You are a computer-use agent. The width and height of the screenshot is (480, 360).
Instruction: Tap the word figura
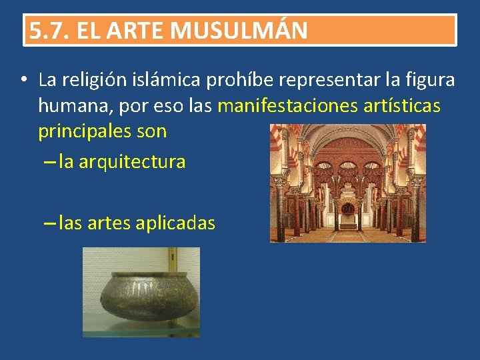point(430,81)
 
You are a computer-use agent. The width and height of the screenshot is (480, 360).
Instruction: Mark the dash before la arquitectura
point(49,162)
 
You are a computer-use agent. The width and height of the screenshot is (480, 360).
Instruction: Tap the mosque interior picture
point(347,183)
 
